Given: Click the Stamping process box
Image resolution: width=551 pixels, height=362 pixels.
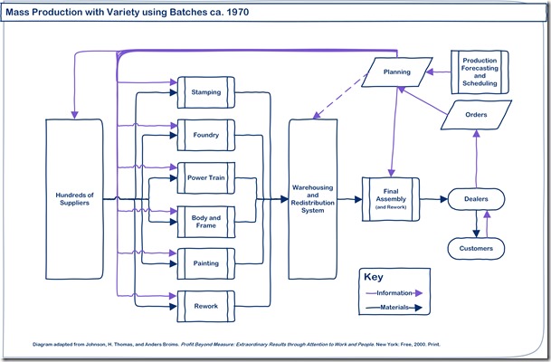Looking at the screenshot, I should (205, 92).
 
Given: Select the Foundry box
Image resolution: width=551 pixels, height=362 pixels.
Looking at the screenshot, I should (205, 135).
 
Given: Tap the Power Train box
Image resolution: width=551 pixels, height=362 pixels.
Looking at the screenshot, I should (205, 178).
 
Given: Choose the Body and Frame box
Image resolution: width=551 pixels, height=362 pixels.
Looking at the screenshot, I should (205, 222).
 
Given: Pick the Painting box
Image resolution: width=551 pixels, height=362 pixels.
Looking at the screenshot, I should (205, 263).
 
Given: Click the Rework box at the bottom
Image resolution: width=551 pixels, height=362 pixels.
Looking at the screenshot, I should (205, 307).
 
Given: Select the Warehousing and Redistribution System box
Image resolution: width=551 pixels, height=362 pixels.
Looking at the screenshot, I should (314, 198).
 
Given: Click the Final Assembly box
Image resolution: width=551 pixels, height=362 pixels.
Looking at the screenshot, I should (392, 198).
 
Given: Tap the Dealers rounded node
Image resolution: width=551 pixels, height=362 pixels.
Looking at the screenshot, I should (476, 198).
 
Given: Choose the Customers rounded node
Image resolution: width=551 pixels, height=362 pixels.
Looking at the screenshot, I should (476, 246).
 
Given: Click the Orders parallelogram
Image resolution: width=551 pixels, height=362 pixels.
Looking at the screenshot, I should (476, 115).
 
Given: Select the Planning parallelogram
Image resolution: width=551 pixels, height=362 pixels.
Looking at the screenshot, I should (397, 71).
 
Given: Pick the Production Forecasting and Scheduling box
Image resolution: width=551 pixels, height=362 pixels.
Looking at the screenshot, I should (480, 72).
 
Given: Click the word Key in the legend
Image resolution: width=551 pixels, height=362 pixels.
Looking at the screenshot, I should (375, 277).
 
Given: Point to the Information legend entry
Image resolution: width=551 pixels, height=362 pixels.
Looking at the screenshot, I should (393, 293).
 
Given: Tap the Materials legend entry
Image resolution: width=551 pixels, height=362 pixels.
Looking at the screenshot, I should (393, 308).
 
